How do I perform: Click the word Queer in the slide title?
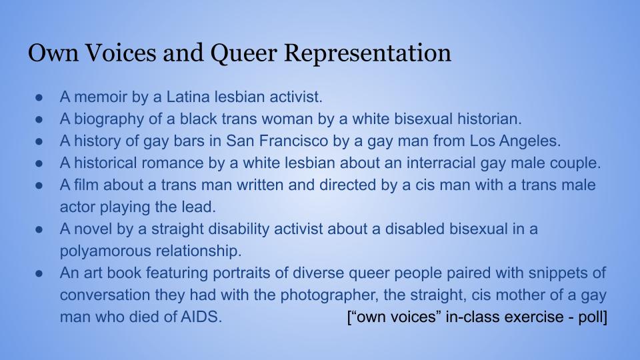pos(244,53)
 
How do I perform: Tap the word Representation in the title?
pos(367,53)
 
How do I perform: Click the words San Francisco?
pos(277,141)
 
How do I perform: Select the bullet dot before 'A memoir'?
pos(39,97)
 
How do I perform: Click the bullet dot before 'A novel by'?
pos(39,230)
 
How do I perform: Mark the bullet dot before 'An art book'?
pos(39,273)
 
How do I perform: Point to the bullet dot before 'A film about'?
pos(39,186)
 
